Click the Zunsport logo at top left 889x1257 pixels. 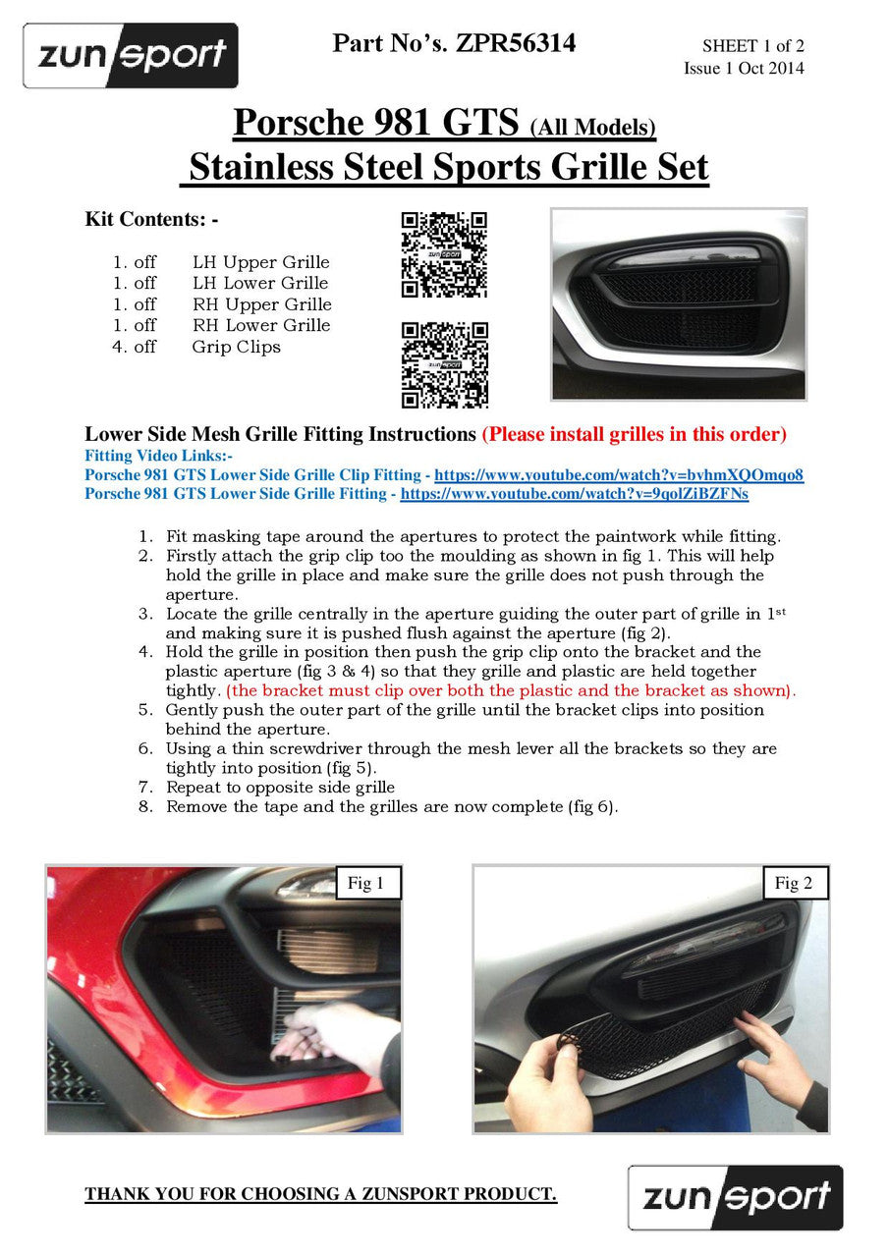(131, 55)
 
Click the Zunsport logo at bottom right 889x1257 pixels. (736, 1197)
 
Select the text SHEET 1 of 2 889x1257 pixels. (752, 46)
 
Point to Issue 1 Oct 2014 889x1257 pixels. (744, 68)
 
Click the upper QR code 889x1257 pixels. (444, 255)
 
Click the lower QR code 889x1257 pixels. (444, 365)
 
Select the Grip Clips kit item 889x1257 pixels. (236, 347)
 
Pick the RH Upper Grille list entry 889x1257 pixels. (261, 304)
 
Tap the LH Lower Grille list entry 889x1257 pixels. (260, 283)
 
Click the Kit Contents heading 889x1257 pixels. (151, 219)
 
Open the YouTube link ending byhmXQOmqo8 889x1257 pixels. (619, 475)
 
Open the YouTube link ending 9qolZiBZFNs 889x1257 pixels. (574, 494)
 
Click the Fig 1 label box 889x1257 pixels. (365, 883)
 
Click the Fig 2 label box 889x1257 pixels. (794, 883)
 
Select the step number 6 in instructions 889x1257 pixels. (145, 748)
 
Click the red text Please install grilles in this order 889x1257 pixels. (634, 434)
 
